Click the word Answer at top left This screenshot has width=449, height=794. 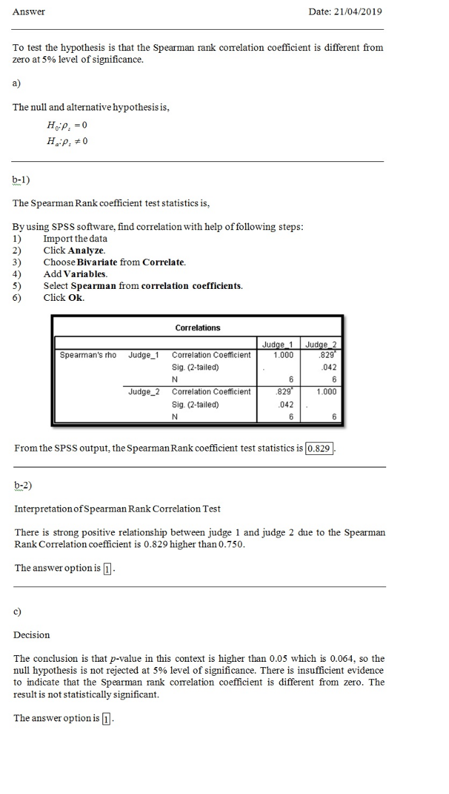[28, 12]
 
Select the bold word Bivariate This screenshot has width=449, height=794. [97, 262]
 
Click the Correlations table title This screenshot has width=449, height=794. [198, 328]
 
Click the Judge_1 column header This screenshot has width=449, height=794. [278, 344]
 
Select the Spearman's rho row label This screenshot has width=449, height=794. [88, 355]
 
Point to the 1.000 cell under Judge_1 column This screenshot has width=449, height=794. [283, 355]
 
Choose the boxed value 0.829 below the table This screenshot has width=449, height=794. [319, 448]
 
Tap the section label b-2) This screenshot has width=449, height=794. [23, 485]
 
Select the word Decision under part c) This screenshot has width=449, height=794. [32, 635]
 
